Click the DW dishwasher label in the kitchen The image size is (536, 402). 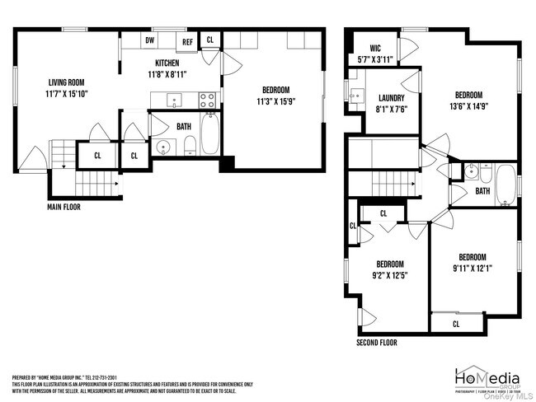pos(150,40)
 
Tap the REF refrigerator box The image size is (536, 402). pos(187,41)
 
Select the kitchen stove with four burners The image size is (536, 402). pos(208,100)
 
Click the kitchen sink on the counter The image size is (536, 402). pos(174,100)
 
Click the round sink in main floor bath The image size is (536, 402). pos(162,148)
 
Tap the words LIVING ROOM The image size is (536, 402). pos(68,82)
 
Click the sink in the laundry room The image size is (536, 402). pos(355,96)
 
